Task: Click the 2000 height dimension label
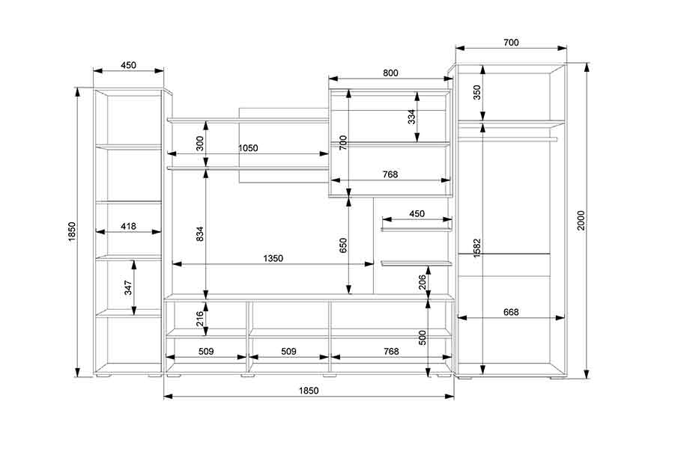(x=581, y=220)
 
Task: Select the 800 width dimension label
(x=390, y=73)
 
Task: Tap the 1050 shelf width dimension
(x=248, y=148)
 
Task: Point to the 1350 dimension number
(x=273, y=258)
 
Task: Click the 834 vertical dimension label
(x=200, y=233)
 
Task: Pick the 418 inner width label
(x=128, y=226)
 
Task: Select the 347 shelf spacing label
(x=128, y=287)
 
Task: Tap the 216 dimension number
(x=200, y=319)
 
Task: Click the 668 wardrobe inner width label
(x=511, y=312)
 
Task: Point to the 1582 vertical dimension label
(x=477, y=248)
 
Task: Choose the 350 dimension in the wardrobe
(x=477, y=92)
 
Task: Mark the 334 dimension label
(x=412, y=117)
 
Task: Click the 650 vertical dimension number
(x=343, y=245)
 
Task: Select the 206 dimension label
(x=423, y=282)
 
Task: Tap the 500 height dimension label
(x=423, y=337)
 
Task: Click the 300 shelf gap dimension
(x=200, y=144)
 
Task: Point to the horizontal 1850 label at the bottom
(x=309, y=391)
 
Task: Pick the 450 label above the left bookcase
(x=128, y=65)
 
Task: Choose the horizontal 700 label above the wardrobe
(x=511, y=42)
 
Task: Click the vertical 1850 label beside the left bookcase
(x=72, y=231)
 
